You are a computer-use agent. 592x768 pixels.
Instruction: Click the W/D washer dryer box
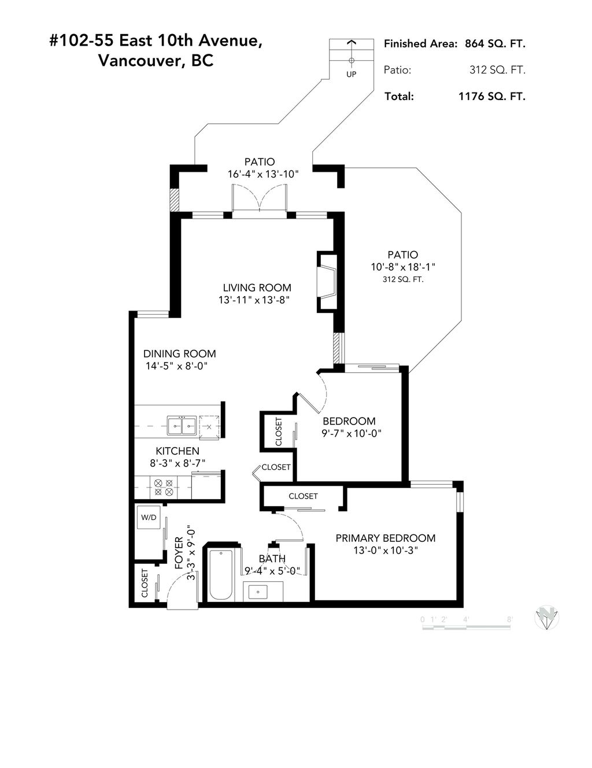click(x=149, y=517)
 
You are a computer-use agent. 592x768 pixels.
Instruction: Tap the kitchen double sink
click(x=181, y=426)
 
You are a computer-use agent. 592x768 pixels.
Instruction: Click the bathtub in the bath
click(x=221, y=575)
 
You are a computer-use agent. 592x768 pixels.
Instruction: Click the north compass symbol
click(x=546, y=618)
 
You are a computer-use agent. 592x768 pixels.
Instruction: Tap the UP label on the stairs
click(x=351, y=74)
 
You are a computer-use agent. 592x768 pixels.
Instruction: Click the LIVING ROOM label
click(x=257, y=287)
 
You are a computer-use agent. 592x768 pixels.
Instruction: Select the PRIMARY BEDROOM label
click(x=385, y=538)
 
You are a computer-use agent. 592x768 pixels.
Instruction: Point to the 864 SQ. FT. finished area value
click(x=495, y=43)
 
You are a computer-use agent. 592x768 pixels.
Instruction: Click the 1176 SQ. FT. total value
click(x=491, y=97)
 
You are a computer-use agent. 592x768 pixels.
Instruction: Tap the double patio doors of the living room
click(x=260, y=200)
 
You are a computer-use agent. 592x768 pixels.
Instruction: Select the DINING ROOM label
click(x=179, y=353)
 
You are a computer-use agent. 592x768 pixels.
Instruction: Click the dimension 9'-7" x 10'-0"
click(x=352, y=433)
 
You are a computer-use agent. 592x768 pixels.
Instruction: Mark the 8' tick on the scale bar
click(x=509, y=619)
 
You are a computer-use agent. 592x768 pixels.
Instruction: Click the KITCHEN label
click(x=177, y=451)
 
